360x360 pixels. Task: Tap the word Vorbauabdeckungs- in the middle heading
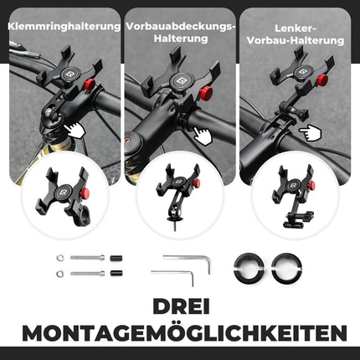pyautogui.click(x=180, y=27)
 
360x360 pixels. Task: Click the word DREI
pyautogui.click(x=179, y=306)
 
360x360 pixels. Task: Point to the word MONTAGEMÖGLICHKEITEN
pyautogui.click(x=179, y=332)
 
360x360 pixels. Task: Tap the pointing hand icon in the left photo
pyautogui.click(x=75, y=129)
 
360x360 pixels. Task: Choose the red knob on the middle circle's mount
pyautogui.click(x=197, y=183)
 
